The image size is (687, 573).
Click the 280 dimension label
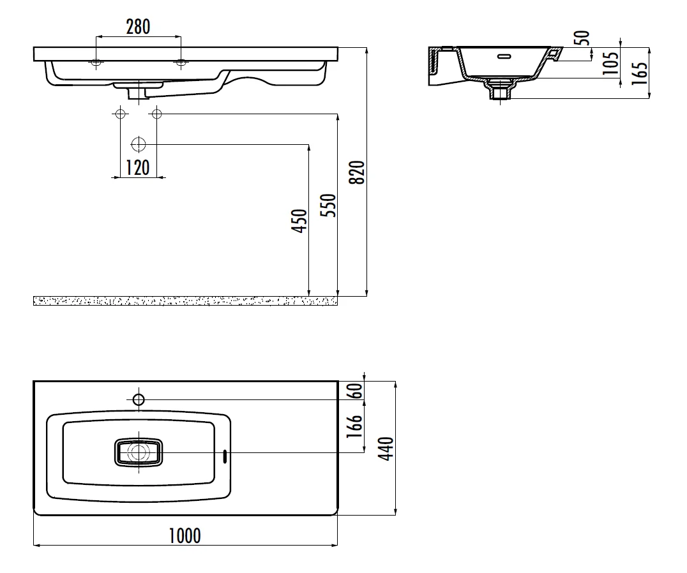point(138,27)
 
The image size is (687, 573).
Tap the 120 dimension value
point(137,168)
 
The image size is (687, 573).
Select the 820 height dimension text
point(358,172)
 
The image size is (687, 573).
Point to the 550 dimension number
point(328,205)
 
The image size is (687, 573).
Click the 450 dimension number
point(299,221)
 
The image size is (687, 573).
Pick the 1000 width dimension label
point(185,536)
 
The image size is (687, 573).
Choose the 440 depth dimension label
point(386,449)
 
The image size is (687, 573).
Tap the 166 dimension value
point(355,426)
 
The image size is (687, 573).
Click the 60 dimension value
point(357,391)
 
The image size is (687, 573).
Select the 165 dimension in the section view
point(640,73)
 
